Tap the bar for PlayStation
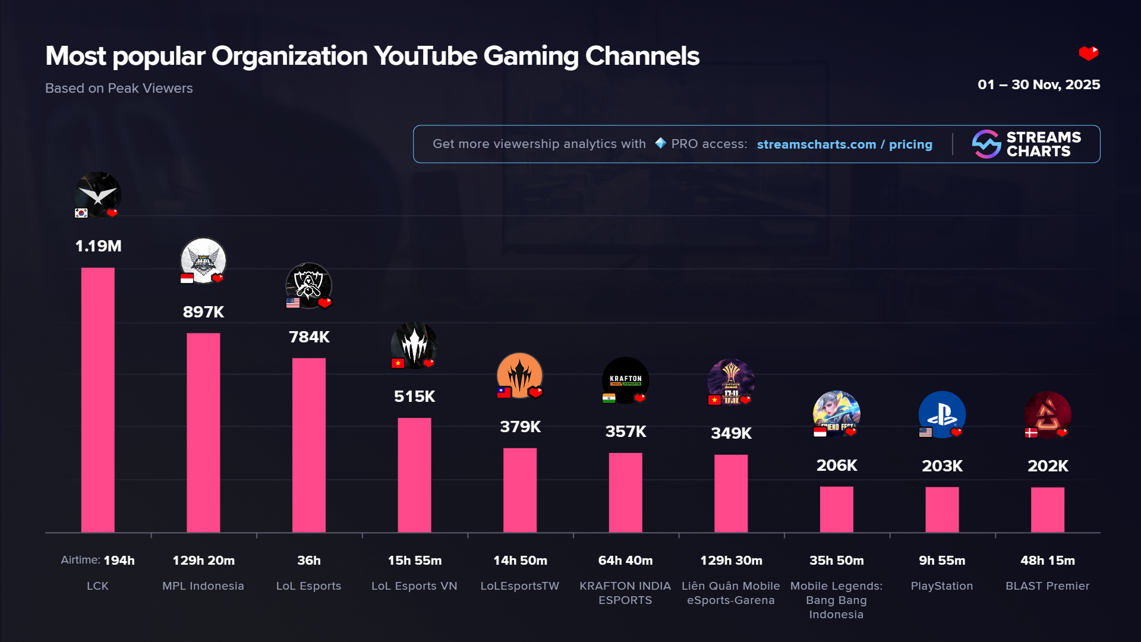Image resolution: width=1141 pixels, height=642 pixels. tap(942, 509)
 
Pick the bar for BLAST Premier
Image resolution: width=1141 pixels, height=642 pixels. tap(1047, 509)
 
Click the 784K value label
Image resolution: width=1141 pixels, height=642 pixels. tap(309, 337)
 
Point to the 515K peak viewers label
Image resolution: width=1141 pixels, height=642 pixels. tap(414, 396)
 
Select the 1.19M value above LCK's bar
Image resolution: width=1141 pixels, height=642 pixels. tap(98, 246)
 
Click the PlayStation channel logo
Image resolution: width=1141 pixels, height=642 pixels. tap(942, 414)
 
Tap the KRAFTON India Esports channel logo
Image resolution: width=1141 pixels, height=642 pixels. tap(625, 379)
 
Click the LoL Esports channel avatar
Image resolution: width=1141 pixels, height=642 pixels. tap(308, 285)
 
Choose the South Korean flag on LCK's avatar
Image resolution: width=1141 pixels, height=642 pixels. tap(81, 213)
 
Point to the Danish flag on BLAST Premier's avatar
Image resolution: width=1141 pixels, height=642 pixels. tap(1031, 433)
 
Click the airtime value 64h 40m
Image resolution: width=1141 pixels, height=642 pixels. tap(625, 561)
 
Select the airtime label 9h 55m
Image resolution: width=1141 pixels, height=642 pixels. tap(942, 561)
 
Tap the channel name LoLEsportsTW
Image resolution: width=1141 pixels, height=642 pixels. tap(519, 586)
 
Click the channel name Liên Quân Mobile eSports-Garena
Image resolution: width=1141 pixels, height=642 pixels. tap(730, 593)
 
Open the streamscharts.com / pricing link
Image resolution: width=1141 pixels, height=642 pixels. tap(844, 144)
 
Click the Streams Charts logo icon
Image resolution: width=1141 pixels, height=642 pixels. tap(986, 144)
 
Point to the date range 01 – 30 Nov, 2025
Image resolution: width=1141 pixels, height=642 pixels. tap(1038, 84)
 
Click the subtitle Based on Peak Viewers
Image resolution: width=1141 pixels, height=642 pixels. tap(119, 88)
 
